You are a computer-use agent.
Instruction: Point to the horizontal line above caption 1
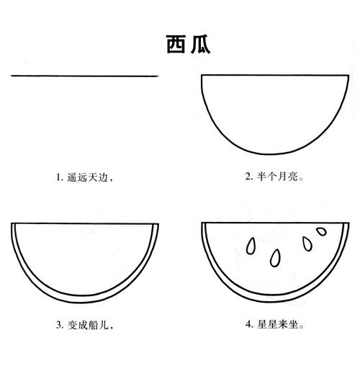click(85, 75)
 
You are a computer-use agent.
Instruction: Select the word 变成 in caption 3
click(76, 326)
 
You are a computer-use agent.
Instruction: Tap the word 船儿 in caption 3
click(97, 326)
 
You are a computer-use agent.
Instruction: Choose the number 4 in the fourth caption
click(248, 326)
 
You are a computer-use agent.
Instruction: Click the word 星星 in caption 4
click(266, 326)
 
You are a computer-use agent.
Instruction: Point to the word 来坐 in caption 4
click(287, 326)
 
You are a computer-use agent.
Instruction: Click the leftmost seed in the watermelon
click(251, 246)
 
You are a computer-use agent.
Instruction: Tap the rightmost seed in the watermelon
click(321, 233)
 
